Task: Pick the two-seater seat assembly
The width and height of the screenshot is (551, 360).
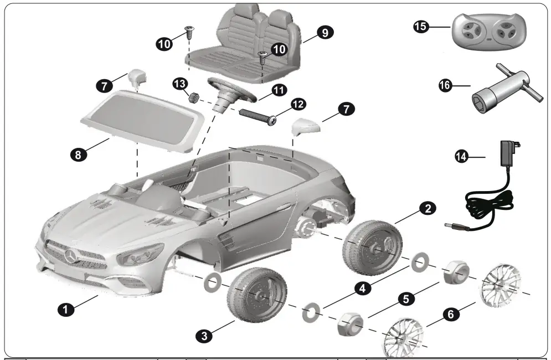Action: pos(255,42)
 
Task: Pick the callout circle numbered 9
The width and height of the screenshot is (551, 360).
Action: pos(325,33)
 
